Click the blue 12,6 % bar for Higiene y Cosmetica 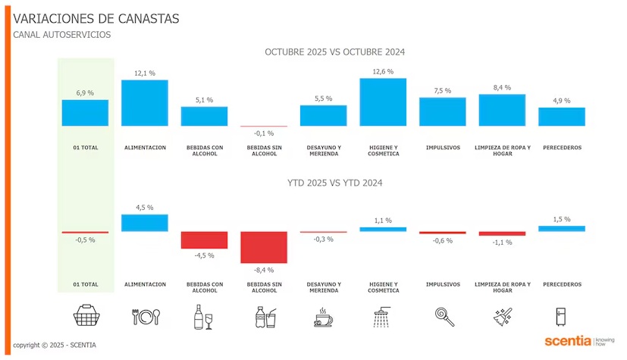[x=383, y=102]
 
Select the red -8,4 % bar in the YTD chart [x=264, y=247]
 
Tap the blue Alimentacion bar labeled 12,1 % [x=145, y=102]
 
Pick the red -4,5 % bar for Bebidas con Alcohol [x=204, y=239]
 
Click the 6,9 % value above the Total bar [x=85, y=92]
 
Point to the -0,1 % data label [x=264, y=133]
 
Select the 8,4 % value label [x=502, y=87]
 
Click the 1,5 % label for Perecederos [x=562, y=219]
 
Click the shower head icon [x=384, y=316]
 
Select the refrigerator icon [x=562, y=316]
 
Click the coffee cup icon [x=324, y=318]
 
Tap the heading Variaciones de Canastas [x=96, y=18]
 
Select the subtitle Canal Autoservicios [x=61, y=35]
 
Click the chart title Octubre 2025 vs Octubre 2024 [x=334, y=52]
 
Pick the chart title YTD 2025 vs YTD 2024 [x=334, y=183]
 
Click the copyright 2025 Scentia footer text [x=55, y=345]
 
